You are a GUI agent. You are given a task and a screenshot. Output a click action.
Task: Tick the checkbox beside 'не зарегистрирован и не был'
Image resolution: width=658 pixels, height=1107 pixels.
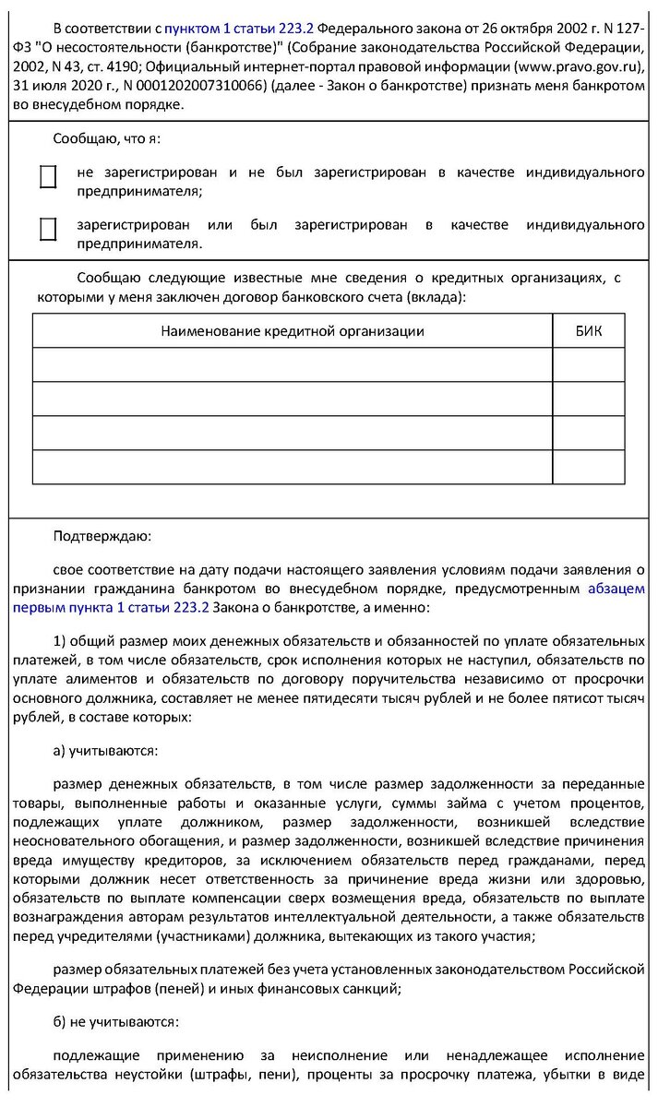tap(48, 177)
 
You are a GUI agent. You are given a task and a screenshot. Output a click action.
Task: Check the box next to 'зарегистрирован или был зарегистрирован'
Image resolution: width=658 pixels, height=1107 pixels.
tap(48, 229)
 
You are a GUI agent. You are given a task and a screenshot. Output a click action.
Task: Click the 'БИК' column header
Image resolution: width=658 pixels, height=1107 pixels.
tap(588, 331)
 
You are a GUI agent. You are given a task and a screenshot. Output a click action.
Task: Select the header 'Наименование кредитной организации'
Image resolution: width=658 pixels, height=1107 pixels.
tap(293, 331)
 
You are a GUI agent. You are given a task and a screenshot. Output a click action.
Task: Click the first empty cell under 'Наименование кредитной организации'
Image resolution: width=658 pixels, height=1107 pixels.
tap(293, 364)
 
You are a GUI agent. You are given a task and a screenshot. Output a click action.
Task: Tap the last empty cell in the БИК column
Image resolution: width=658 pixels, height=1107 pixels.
tap(588, 467)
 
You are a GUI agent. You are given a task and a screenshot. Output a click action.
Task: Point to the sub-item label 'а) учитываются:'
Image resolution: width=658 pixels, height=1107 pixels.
tap(106, 751)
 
